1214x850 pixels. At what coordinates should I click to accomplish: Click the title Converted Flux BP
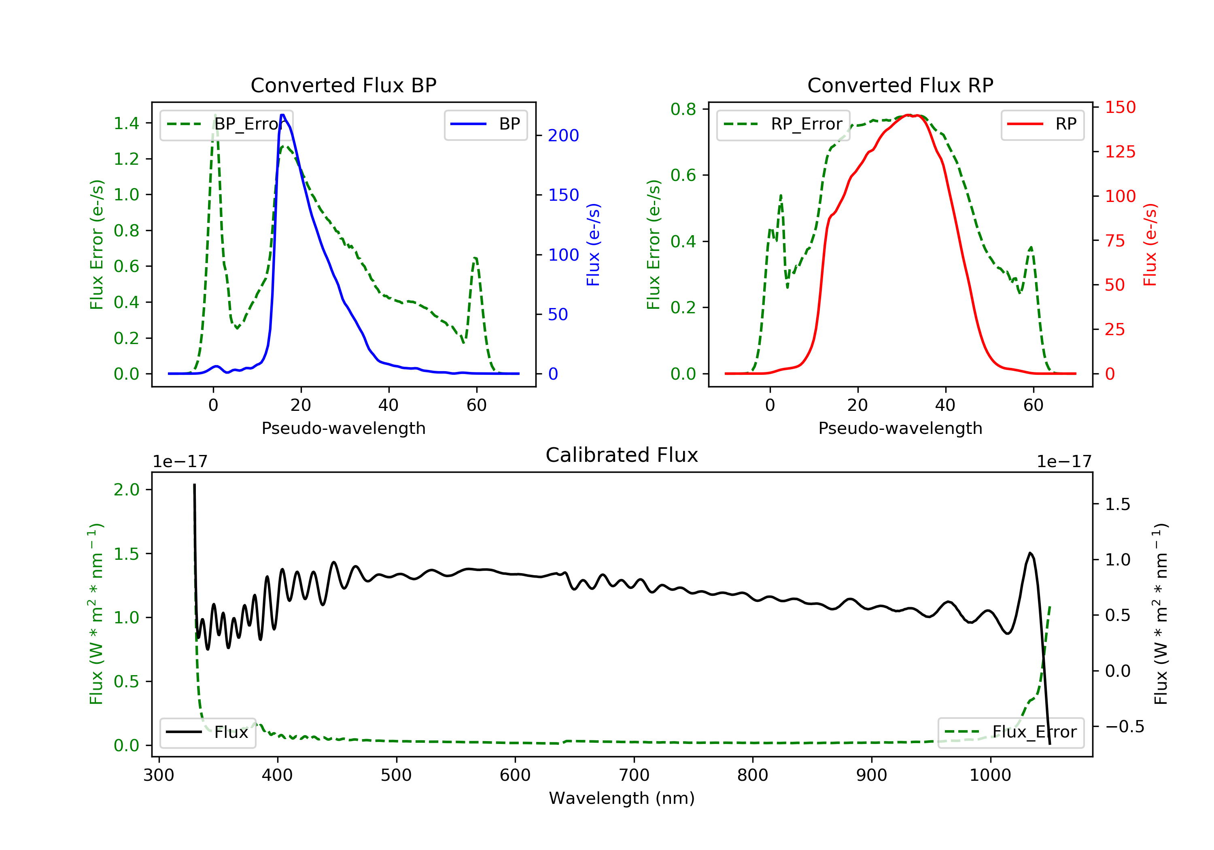(343, 85)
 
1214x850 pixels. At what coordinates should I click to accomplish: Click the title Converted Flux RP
(900, 85)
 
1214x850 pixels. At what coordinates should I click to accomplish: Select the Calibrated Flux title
(622, 455)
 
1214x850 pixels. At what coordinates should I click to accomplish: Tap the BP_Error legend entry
(226, 124)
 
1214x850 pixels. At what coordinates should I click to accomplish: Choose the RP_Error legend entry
(783, 124)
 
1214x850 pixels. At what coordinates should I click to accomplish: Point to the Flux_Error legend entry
(1010, 732)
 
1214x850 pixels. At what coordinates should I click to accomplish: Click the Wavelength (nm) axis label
(622, 798)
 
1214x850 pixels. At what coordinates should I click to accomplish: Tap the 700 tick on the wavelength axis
(634, 776)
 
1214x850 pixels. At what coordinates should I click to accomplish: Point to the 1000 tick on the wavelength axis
(990, 776)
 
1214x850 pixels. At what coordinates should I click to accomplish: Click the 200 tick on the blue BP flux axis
(563, 136)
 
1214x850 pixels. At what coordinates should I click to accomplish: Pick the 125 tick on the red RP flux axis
(1121, 152)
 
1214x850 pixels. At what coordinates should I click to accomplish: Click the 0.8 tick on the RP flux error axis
(683, 110)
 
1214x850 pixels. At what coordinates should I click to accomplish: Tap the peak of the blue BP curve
(283, 115)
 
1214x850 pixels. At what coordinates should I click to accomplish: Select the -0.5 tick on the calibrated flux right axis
(1125, 727)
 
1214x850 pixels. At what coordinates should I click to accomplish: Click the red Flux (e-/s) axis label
(1150, 245)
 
